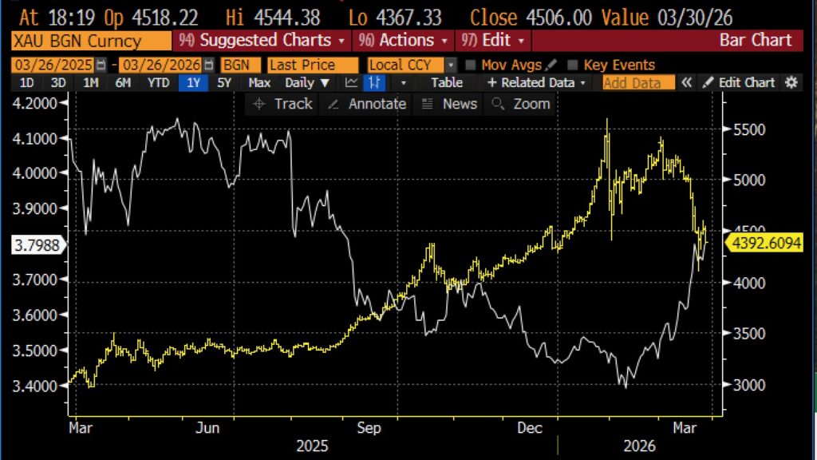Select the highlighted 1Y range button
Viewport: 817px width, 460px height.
pyautogui.click(x=191, y=82)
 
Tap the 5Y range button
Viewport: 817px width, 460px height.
pyautogui.click(x=224, y=82)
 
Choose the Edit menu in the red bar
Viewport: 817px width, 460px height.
pyautogui.click(x=492, y=40)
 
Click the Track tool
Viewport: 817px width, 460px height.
pyautogui.click(x=283, y=104)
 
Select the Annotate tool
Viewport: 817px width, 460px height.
pyautogui.click(x=368, y=104)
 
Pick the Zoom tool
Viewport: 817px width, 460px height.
pyautogui.click(x=522, y=104)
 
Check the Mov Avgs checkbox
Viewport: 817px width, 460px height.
pyautogui.click(x=471, y=65)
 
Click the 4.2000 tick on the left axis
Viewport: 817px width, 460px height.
pyautogui.click(x=35, y=103)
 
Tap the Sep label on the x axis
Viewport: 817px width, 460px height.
pyautogui.click(x=369, y=428)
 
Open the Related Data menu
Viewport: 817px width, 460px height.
pyautogui.click(x=535, y=82)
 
